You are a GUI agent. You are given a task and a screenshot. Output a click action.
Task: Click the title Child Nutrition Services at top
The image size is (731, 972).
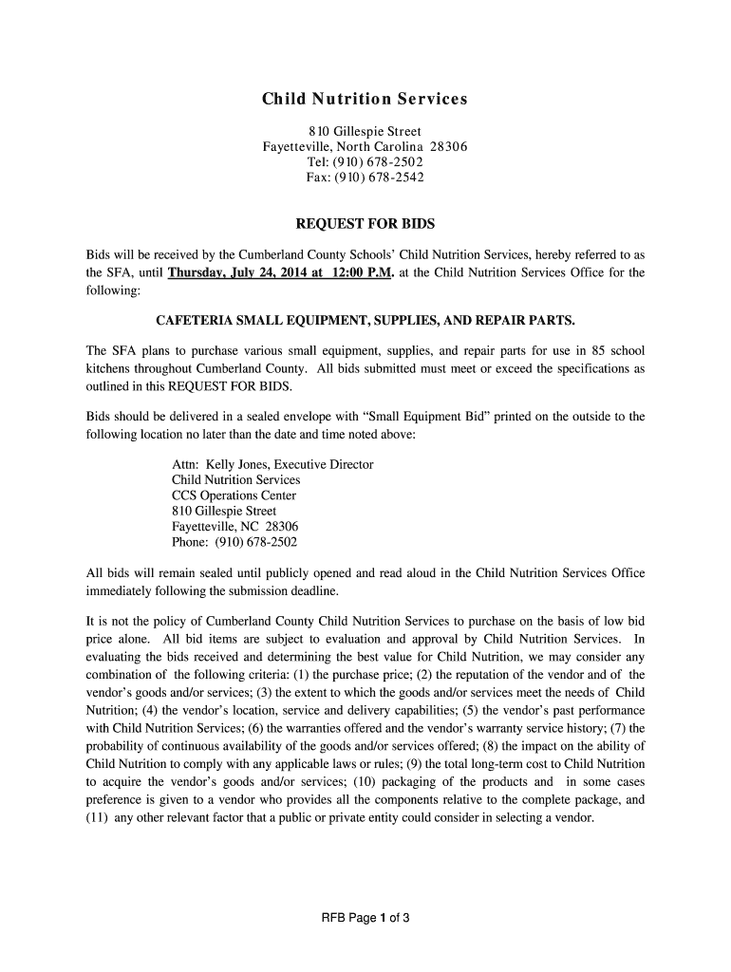(365, 100)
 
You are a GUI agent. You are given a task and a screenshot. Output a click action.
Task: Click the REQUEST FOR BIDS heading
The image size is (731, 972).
(365, 224)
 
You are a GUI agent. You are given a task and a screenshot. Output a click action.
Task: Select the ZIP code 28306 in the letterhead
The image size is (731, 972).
(449, 146)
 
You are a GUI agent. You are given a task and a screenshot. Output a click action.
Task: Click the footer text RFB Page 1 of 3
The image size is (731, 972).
(365, 918)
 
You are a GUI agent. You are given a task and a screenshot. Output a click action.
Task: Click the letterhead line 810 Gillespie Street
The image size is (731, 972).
(365, 131)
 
